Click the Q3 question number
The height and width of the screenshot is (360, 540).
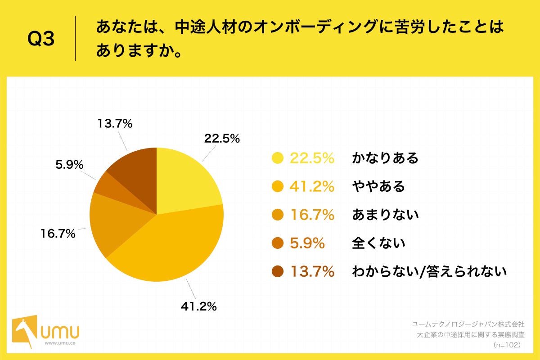point(41,40)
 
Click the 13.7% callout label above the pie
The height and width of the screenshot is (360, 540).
point(115,124)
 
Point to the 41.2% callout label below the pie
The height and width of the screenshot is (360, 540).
point(198,307)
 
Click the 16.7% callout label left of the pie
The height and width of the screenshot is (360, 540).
point(58,234)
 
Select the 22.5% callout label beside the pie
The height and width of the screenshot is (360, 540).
point(222,139)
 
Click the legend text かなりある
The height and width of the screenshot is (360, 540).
point(385,158)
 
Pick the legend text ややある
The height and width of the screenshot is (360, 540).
point(378,186)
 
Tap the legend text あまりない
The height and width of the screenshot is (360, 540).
point(385,215)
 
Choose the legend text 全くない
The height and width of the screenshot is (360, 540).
point(378,243)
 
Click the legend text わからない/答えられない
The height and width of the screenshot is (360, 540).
point(429,271)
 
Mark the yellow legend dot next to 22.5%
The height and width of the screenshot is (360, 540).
point(278,158)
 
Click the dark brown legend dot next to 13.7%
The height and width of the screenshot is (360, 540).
point(278,272)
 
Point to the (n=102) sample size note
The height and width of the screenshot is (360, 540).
point(507,345)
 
